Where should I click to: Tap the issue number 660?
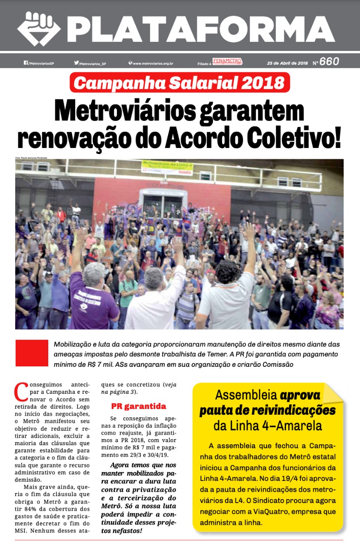click(x=329, y=62)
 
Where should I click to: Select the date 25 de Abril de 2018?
click(x=287, y=63)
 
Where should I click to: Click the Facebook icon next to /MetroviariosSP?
click(x=26, y=63)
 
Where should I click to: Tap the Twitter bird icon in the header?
click(x=76, y=63)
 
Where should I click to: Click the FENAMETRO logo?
click(x=227, y=62)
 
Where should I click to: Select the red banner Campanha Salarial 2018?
click(x=180, y=82)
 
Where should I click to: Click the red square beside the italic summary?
click(x=32, y=353)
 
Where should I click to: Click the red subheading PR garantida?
click(x=139, y=406)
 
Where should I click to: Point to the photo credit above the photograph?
click(x=31, y=157)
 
